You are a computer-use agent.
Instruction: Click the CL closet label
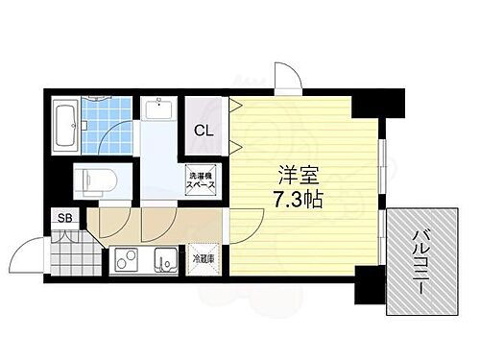pos(204,131)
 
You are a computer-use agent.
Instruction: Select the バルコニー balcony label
pos(422,259)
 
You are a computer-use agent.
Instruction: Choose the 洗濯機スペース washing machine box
pos(200,180)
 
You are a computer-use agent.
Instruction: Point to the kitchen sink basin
pos(166,258)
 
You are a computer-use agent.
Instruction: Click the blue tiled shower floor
pos(108,123)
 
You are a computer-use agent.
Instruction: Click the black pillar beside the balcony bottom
pos(369,283)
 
